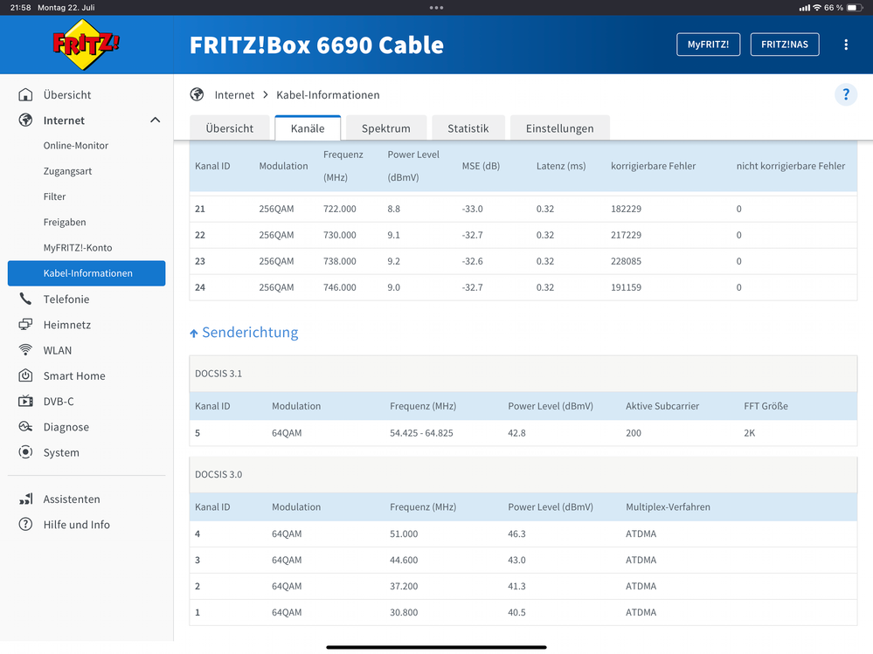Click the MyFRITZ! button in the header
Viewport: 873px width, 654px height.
pyautogui.click(x=708, y=45)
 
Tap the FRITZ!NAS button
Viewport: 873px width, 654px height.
pyautogui.click(x=784, y=45)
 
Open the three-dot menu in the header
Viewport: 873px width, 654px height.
pyautogui.click(x=846, y=45)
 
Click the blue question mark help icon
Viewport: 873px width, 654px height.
pyautogui.click(x=846, y=95)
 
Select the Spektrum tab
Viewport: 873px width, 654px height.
pyautogui.click(x=385, y=128)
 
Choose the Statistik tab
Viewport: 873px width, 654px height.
pyautogui.click(x=468, y=128)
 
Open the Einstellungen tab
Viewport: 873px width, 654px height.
pyautogui.click(x=559, y=128)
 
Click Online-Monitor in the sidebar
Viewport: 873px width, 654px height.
pyautogui.click(x=76, y=146)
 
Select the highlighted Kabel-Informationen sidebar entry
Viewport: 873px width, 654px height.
pyautogui.click(x=87, y=273)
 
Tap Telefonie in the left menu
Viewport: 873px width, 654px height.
pyautogui.click(x=66, y=299)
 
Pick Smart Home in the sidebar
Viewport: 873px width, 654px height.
pyautogui.click(x=74, y=376)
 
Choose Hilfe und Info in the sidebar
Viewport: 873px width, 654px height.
pyautogui.click(x=77, y=525)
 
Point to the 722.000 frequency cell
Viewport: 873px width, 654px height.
pyautogui.click(x=340, y=209)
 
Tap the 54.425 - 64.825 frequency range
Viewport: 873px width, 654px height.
pyautogui.click(x=421, y=433)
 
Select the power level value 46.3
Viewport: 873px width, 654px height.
pyautogui.click(x=517, y=534)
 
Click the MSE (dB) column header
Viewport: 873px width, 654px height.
pyautogui.click(x=481, y=166)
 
